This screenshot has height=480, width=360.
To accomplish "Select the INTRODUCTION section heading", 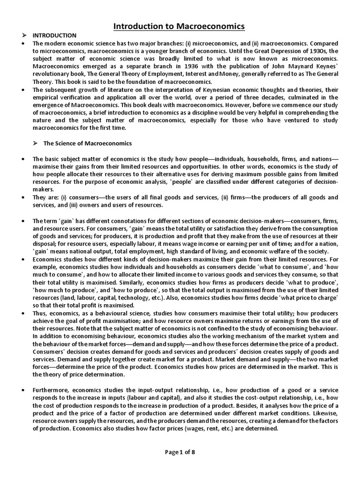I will (54, 36).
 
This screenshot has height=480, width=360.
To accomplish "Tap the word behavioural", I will (104, 306).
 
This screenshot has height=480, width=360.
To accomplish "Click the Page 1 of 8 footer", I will (180, 452).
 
